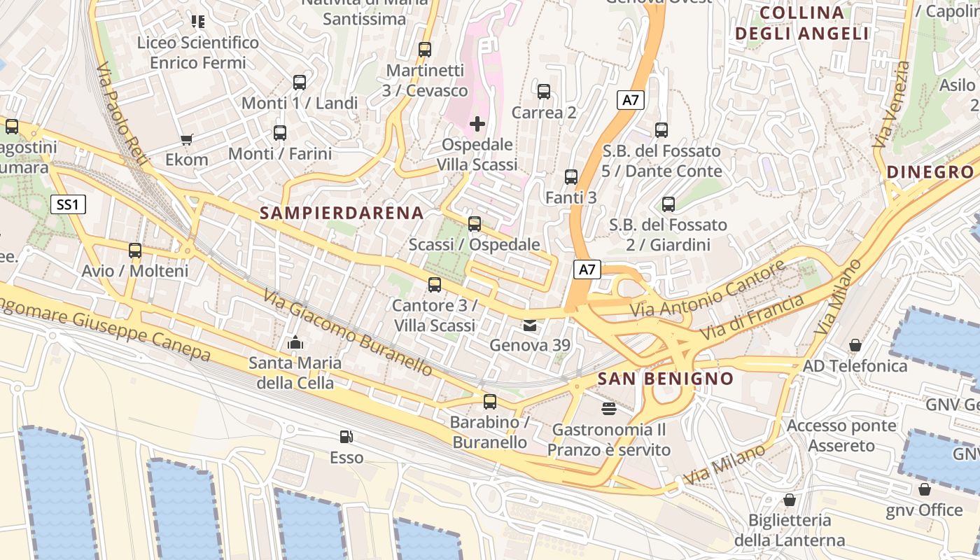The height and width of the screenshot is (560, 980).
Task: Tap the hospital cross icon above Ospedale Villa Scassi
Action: [477, 125]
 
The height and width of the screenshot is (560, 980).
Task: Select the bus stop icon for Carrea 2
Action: [544, 92]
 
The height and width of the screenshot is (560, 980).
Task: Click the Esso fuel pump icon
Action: [346, 437]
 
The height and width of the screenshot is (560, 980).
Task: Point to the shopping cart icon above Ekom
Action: [186, 139]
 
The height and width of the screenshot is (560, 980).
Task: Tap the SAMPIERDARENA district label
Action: [342, 213]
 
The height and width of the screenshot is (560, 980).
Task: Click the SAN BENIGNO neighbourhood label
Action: [665, 379]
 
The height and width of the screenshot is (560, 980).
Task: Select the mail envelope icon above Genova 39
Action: [530, 325]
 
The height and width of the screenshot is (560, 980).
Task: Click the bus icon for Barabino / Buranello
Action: [490, 402]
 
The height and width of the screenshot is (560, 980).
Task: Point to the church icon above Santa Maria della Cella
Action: [295, 343]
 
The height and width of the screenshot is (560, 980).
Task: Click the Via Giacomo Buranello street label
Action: [348, 332]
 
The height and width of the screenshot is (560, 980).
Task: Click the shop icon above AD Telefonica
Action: [855, 345]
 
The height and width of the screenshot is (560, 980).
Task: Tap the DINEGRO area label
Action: [930, 172]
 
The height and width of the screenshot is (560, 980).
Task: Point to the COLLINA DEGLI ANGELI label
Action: [801, 23]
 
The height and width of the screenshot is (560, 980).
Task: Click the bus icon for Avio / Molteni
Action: [135, 251]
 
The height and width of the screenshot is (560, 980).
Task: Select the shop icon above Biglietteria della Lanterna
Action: [790, 500]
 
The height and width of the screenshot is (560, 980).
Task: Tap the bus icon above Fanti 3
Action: [571, 177]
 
